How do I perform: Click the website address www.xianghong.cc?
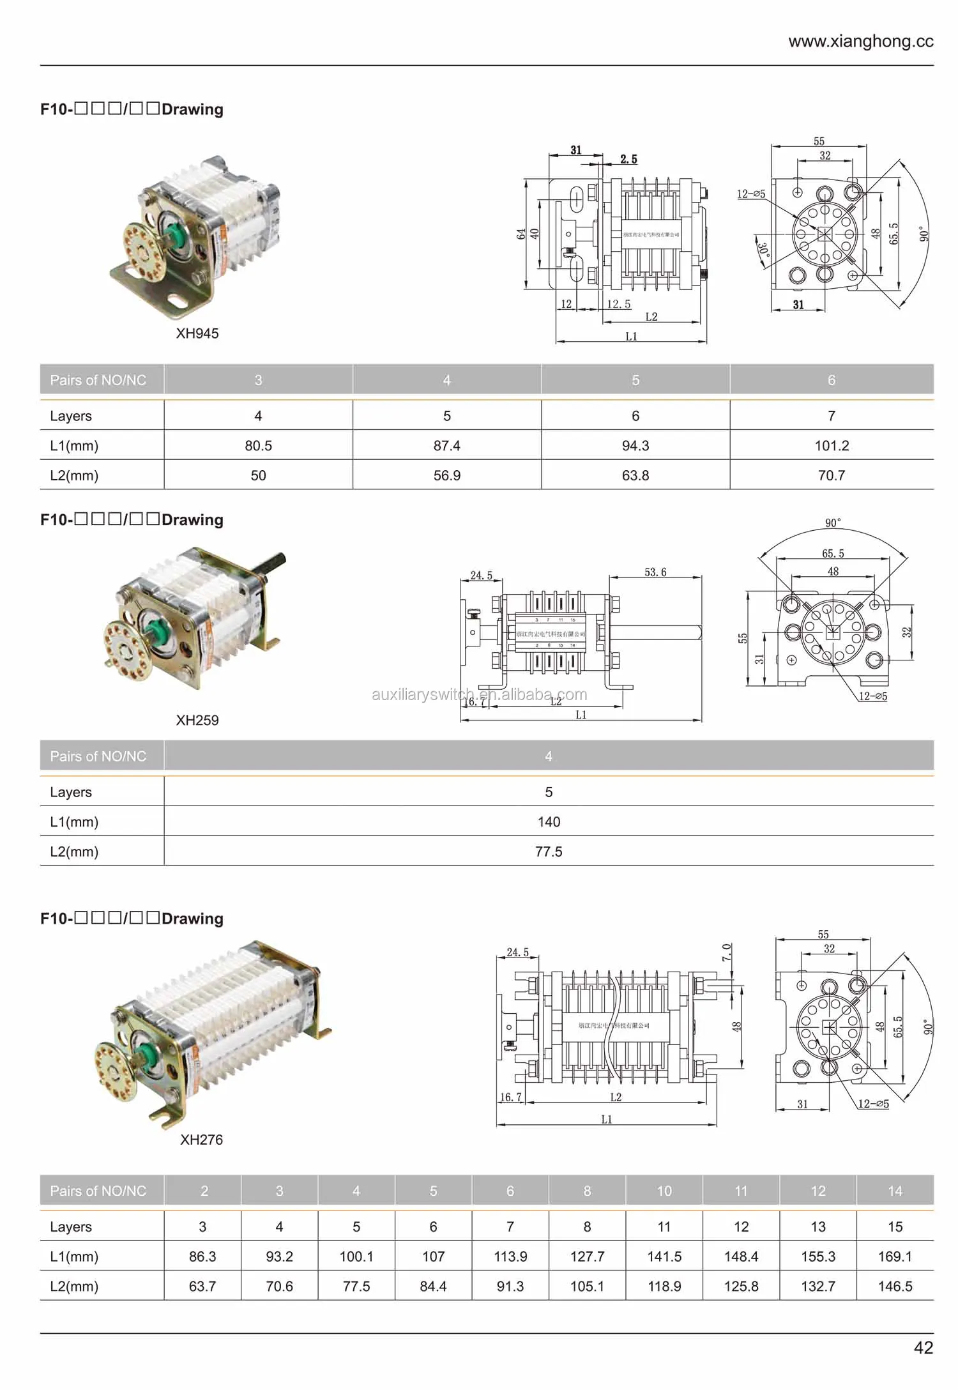[860, 42]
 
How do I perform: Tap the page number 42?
[923, 1347]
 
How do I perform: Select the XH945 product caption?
[197, 333]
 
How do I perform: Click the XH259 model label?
[197, 720]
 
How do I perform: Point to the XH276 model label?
[201, 1140]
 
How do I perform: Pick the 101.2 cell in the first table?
[832, 446]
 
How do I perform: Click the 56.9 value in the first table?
[446, 475]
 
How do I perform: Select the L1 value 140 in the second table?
[549, 822]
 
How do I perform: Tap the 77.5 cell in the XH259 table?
[549, 852]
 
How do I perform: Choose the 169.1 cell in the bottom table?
[895, 1256]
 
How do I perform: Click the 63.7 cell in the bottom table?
[202, 1286]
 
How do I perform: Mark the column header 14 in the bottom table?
[895, 1191]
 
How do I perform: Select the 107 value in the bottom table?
[433, 1256]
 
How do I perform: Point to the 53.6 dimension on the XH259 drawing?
[655, 572]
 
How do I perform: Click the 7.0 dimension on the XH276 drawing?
[727, 952]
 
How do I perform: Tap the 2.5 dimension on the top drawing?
[628, 159]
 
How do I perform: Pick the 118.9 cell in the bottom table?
[664, 1286]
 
